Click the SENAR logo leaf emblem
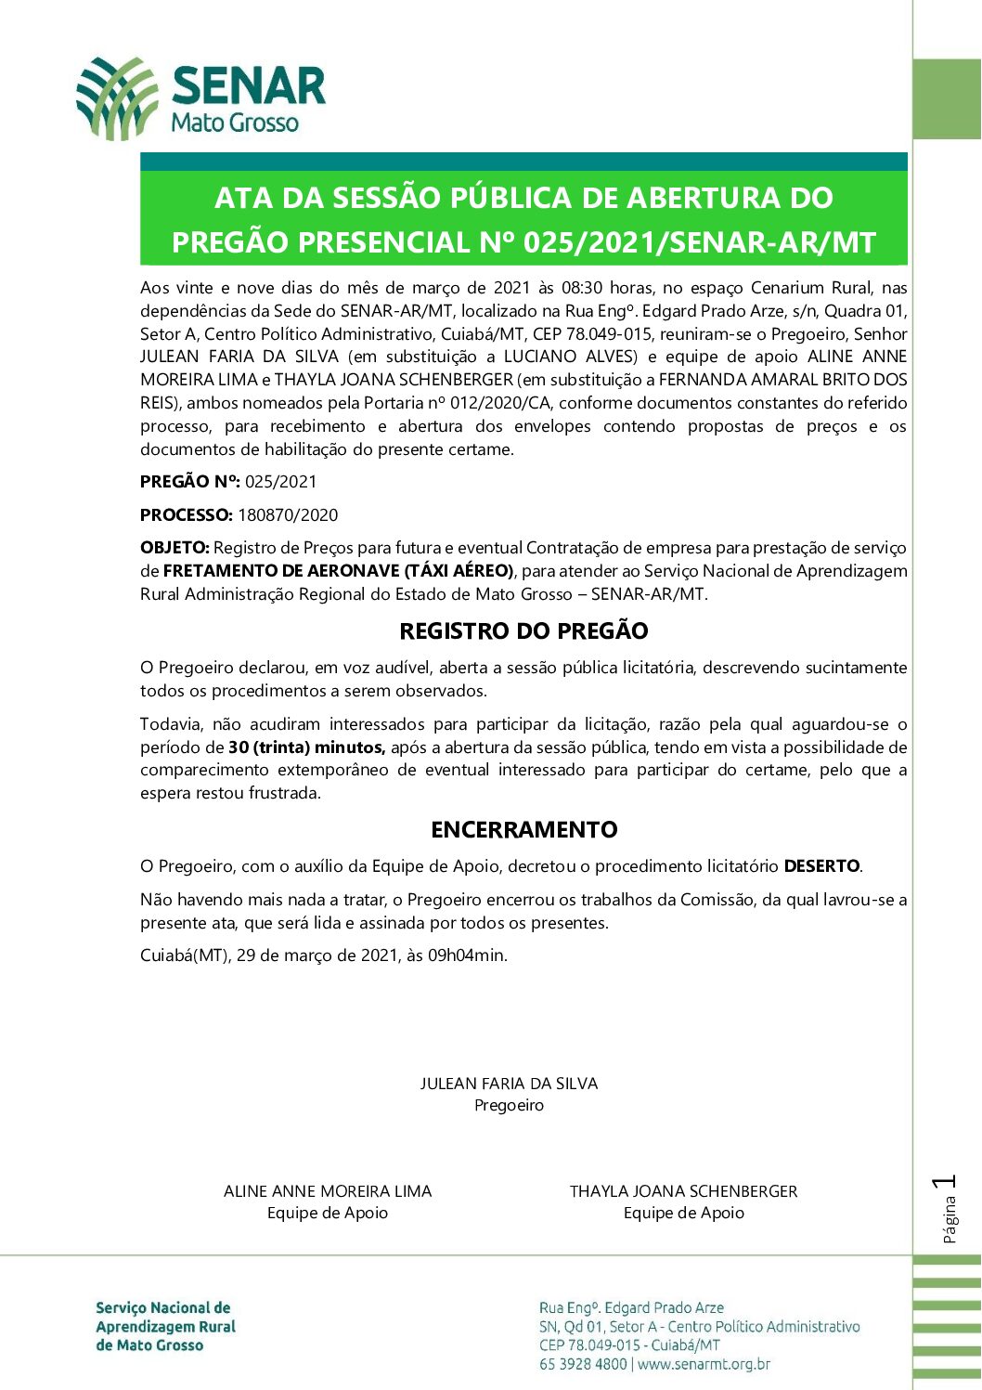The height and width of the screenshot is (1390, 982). point(117,98)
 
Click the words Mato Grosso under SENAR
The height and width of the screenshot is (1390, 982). point(235,123)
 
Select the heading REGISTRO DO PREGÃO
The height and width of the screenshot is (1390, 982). point(523,631)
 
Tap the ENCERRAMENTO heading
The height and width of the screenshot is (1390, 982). point(523,830)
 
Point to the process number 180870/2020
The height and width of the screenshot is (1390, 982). point(288,515)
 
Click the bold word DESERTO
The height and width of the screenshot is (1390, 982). point(821,866)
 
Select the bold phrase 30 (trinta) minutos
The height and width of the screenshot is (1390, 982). point(307,747)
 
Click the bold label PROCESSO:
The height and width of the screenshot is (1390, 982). point(187,515)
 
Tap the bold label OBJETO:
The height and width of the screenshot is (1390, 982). point(175,548)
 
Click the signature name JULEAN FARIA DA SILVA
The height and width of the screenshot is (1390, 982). point(509,1084)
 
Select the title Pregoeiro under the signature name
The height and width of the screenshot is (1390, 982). point(509,1106)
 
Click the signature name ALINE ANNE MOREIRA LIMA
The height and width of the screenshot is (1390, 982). point(328,1191)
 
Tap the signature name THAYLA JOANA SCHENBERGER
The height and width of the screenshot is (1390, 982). point(683,1191)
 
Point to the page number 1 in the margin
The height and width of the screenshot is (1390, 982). point(948,1183)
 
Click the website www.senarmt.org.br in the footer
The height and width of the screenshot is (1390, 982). point(704,1365)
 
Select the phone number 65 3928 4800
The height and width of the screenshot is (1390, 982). point(582,1365)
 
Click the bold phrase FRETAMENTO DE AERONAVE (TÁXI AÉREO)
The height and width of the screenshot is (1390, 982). point(339,571)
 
